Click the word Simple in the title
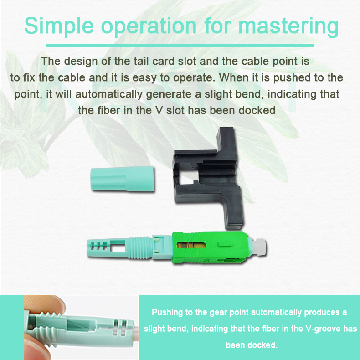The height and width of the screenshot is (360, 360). (x=59, y=26)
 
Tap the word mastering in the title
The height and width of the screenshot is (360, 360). (x=288, y=26)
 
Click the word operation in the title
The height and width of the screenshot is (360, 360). (x=149, y=26)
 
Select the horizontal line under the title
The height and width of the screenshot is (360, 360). (x=180, y=45)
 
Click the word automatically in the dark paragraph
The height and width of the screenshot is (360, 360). (x=109, y=94)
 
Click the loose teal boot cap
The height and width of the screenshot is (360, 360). (x=122, y=179)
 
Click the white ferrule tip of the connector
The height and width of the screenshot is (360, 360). (x=259, y=247)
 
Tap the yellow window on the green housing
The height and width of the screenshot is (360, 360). (x=191, y=245)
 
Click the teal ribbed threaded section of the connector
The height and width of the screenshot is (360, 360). (x=139, y=248)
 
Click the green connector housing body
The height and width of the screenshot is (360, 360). (x=211, y=247)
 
